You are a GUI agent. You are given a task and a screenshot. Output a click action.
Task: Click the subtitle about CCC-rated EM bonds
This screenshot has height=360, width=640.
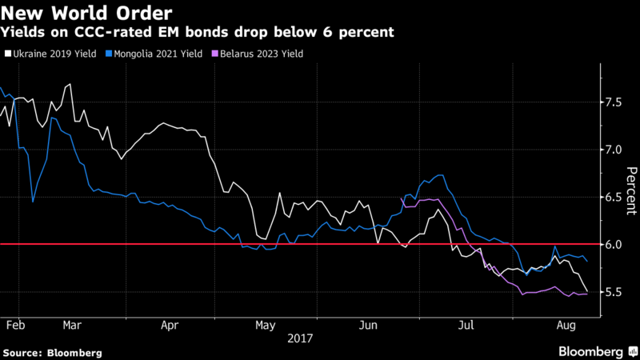coord(196,33)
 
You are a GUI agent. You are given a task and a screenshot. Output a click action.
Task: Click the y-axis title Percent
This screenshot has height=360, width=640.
coord(631,190)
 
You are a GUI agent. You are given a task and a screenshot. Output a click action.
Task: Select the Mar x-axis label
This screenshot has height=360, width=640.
coord(72,326)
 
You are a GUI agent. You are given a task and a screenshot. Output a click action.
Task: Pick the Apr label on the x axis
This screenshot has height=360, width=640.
coord(169,326)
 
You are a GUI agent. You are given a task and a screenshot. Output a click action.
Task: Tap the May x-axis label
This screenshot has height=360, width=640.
coord(266,326)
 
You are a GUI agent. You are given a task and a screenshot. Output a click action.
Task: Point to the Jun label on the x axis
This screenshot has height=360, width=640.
coord(370,326)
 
